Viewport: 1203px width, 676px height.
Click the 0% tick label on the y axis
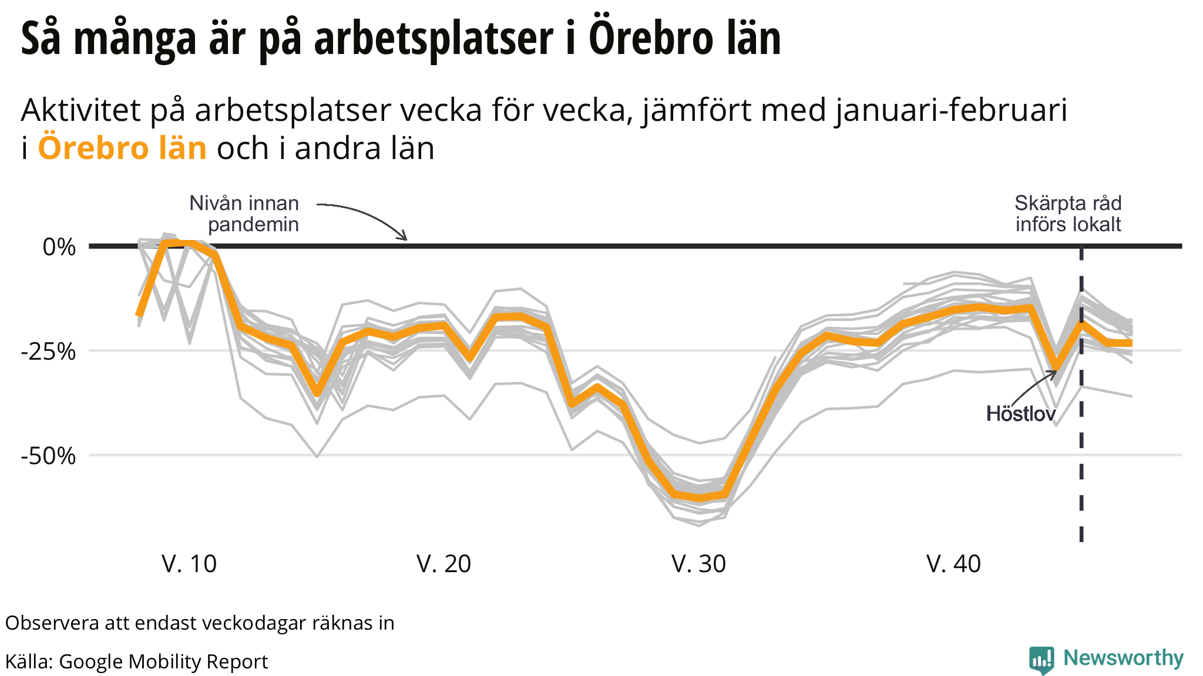coord(59,247)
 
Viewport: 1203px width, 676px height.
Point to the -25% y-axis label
coord(49,351)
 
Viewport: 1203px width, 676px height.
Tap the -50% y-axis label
coord(49,456)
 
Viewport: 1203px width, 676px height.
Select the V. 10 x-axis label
coord(189,564)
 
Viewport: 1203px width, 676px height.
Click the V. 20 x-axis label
coord(444,564)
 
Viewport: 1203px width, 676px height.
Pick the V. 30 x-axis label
coord(699,564)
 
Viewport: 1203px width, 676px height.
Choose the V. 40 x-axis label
coord(954,564)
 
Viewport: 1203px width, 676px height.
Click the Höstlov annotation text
coord(1021,414)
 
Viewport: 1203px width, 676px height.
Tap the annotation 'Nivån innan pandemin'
coord(244,214)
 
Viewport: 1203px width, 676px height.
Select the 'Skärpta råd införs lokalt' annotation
coord(1068,214)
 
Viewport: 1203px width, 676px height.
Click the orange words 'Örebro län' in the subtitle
coord(122,148)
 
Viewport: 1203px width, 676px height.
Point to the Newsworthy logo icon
coord(1041,660)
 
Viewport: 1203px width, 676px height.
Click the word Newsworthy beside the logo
coord(1123,658)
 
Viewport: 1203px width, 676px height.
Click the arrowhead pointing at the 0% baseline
coord(404,237)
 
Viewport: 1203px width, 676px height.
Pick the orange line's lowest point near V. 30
coord(699,499)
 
